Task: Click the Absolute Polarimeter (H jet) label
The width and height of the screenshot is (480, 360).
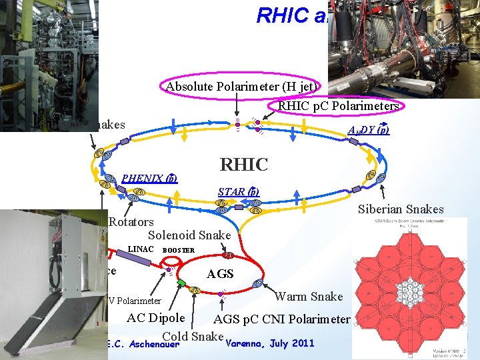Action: point(243,87)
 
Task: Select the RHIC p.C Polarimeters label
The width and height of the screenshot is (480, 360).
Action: point(338,105)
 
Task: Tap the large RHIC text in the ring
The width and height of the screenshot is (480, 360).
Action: point(244,164)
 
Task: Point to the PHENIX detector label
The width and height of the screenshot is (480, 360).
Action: point(149,178)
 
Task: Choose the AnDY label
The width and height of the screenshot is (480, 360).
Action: point(369,131)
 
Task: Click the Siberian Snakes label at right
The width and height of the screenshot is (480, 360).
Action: point(401,209)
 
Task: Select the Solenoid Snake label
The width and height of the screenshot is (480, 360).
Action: point(189,235)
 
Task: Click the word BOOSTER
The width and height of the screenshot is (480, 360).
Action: point(179,251)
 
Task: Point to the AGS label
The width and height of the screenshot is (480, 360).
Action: point(220,273)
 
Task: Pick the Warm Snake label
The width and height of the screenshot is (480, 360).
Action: point(309,296)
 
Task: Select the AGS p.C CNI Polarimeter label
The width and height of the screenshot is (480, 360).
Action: point(281,319)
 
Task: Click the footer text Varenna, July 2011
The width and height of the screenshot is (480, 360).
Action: point(270,344)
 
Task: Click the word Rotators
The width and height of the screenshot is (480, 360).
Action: point(131,222)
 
